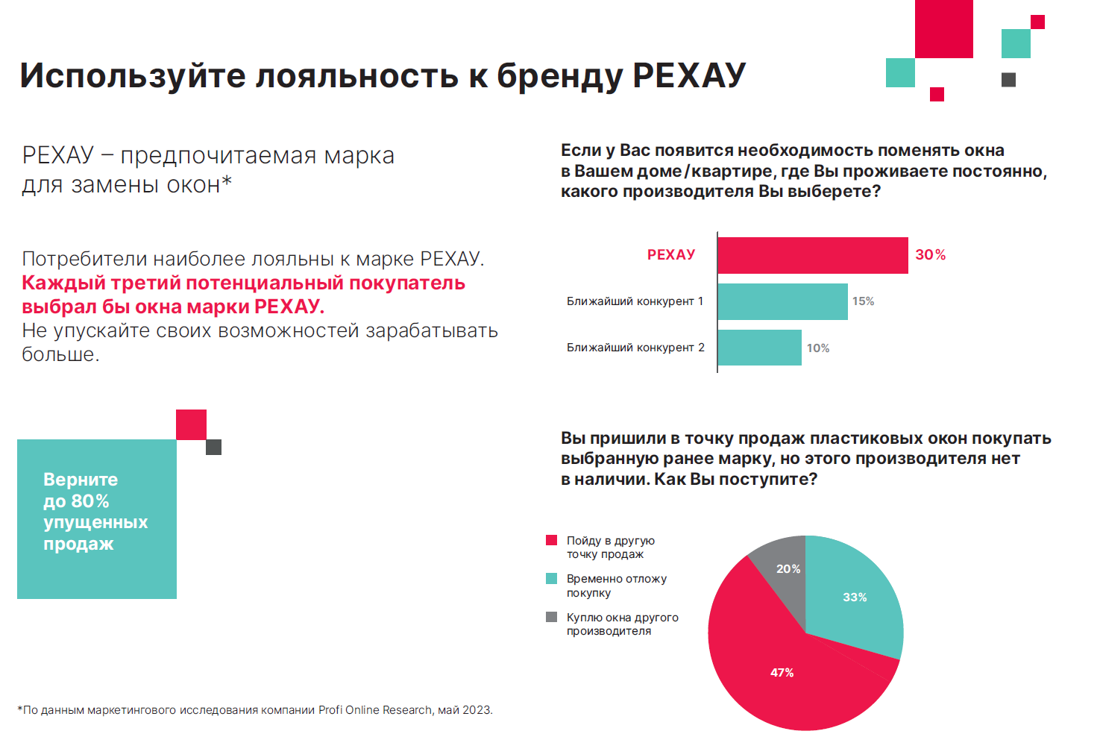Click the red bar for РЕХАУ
point(812,255)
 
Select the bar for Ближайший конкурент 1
point(782,301)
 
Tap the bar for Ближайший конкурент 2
point(759,348)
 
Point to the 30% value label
point(930,255)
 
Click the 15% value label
point(863,301)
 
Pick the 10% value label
point(817,348)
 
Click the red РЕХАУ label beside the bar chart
point(671,255)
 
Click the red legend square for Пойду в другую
point(552,540)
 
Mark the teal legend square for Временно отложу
point(552,579)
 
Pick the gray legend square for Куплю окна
point(552,617)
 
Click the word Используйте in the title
point(132,76)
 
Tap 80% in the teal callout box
point(90,501)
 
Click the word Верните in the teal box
point(81,480)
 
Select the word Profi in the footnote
point(330,710)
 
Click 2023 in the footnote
point(477,710)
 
